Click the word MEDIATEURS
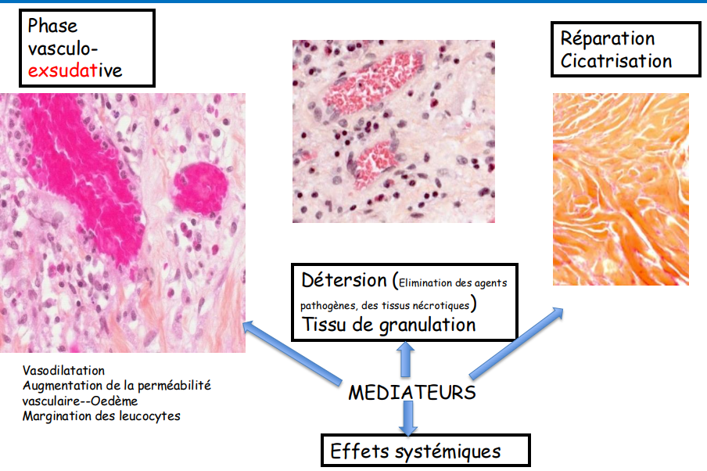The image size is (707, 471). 411,391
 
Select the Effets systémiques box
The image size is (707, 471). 426,451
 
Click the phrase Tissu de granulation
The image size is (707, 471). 388,325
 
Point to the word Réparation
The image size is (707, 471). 608,38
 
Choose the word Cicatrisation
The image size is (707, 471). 616,61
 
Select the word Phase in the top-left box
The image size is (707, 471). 52,26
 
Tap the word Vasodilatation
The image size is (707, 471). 63,370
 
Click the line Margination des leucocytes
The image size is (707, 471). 102,415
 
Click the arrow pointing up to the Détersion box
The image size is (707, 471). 406,358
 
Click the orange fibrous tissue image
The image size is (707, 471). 620,188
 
